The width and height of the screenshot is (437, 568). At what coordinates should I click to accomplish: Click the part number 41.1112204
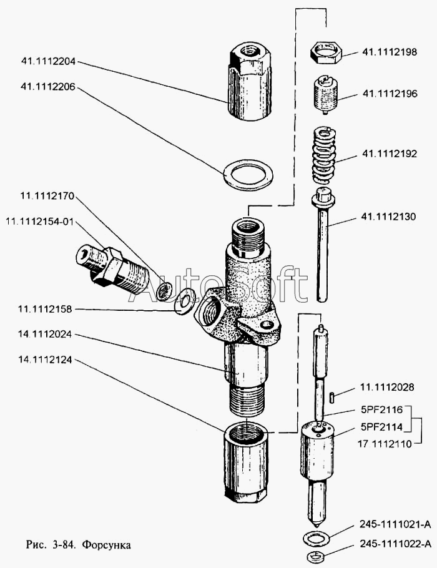(x=49, y=62)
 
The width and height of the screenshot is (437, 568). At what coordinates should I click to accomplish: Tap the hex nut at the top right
(x=325, y=52)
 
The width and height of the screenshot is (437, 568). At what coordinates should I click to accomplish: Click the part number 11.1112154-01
(x=39, y=222)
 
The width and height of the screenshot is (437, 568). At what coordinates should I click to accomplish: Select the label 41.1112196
(x=389, y=94)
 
